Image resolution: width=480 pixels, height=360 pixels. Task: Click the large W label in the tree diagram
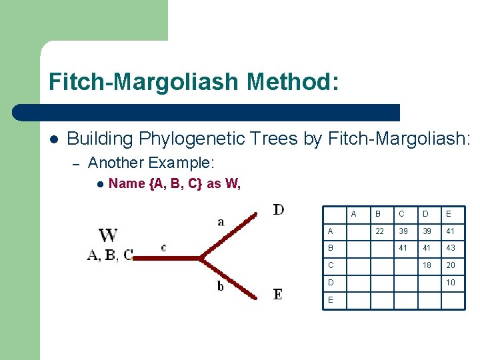click(108, 236)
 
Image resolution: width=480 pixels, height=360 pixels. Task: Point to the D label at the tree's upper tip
click(279, 210)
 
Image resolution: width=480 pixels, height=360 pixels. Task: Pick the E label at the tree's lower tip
click(278, 294)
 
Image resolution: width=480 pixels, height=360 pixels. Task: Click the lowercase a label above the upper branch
click(221, 221)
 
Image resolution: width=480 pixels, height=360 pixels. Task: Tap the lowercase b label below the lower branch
click(221, 286)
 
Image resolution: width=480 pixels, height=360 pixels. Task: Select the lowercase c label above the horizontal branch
click(163, 247)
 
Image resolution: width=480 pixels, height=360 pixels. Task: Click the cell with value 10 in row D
click(451, 282)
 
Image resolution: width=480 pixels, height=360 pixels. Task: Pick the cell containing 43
click(451, 248)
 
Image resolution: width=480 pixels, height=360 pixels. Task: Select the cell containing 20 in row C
click(451, 265)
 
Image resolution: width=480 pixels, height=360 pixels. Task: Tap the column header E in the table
click(449, 214)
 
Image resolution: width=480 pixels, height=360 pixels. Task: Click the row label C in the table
click(331, 265)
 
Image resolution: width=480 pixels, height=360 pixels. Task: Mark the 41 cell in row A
click(451, 231)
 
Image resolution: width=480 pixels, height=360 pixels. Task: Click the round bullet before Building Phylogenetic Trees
click(54, 139)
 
